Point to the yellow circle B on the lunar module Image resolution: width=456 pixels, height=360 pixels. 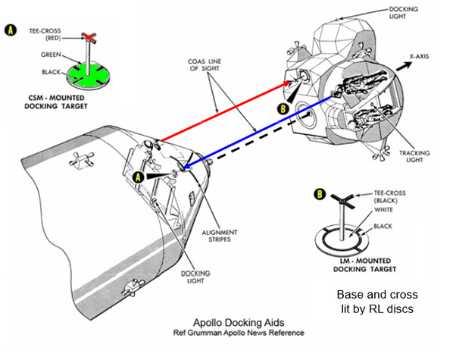(282, 108)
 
